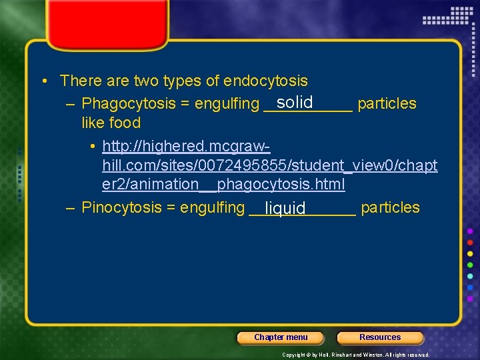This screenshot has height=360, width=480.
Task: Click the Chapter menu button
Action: coord(281,337)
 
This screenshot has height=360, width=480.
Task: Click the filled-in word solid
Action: coord(295,102)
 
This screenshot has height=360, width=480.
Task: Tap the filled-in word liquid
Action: coord(285,209)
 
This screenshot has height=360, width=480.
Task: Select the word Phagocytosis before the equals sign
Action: coord(124,104)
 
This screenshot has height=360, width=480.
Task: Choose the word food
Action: coord(127,123)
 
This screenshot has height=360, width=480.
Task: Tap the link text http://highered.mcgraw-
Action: coord(186,146)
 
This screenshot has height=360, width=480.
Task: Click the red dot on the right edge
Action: coord(470,242)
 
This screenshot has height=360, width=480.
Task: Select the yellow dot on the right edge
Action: coord(470,254)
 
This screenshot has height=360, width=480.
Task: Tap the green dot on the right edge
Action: coord(470,265)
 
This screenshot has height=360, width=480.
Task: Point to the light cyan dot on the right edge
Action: coord(470,277)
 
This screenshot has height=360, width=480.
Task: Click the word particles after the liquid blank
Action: coord(390,207)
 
